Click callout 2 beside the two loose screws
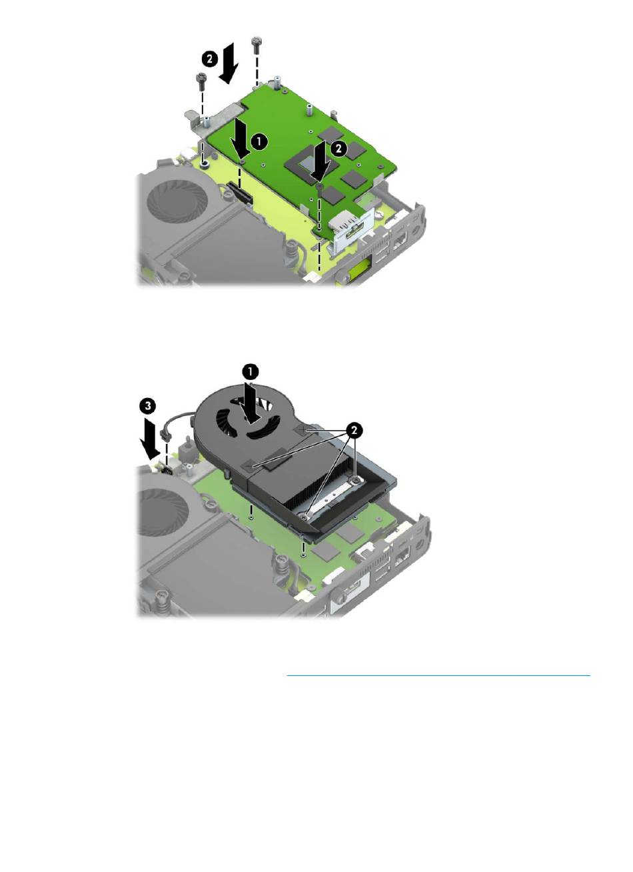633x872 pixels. [x=209, y=59]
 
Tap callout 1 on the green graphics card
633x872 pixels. [x=260, y=141]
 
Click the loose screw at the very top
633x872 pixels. [x=256, y=45]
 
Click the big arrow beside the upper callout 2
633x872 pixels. [x=229, y=63]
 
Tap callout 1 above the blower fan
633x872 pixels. [x=251, y=371]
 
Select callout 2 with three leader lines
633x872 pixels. [x=353, y=431]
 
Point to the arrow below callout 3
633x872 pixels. [x=150, y=438]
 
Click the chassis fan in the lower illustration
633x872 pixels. [x=163, y=511]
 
